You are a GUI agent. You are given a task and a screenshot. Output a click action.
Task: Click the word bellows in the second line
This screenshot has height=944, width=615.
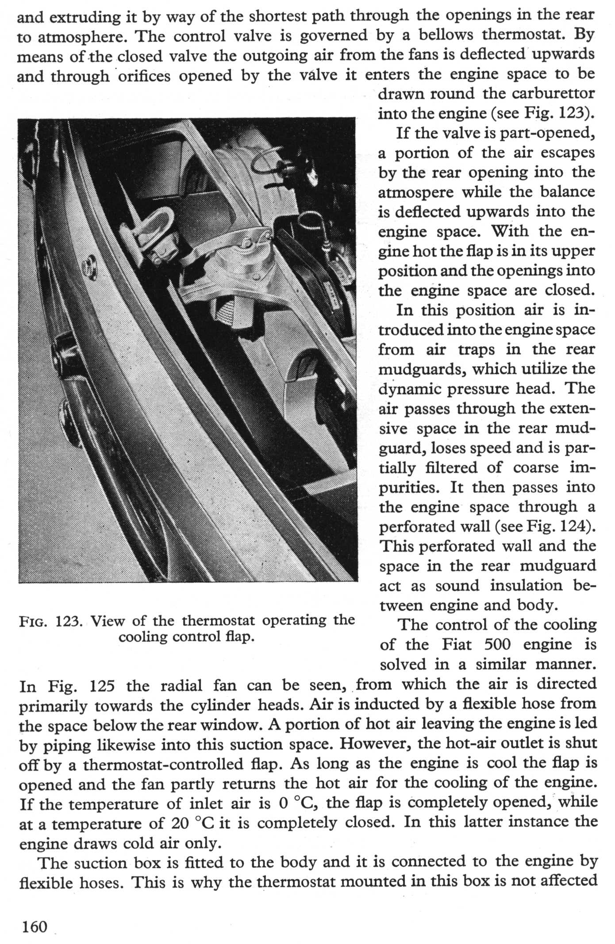pyautogui.click(x=447, y=35)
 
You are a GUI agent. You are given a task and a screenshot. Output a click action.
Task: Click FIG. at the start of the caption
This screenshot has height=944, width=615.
pyautogui.click(x=34, y=622)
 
